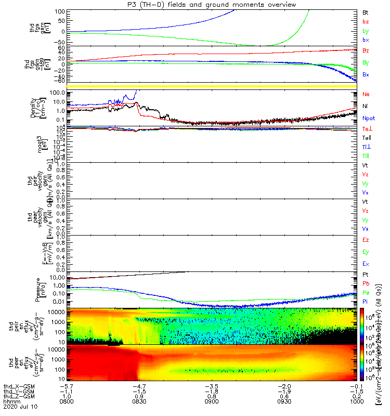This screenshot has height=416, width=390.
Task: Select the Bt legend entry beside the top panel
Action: (x=365, y=12)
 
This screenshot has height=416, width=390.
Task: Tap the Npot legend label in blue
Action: (x=368, y=119)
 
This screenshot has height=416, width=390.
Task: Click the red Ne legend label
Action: (x=366, y=95)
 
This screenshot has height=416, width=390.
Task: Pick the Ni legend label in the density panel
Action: (x=365, y=107)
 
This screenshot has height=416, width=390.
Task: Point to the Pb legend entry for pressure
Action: (x=366, y=284)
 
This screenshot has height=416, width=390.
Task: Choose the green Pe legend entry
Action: (x=366, y=293)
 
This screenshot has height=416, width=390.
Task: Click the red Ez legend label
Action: (x=366, y=240)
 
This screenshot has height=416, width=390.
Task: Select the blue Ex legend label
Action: (x=366, y=264)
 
